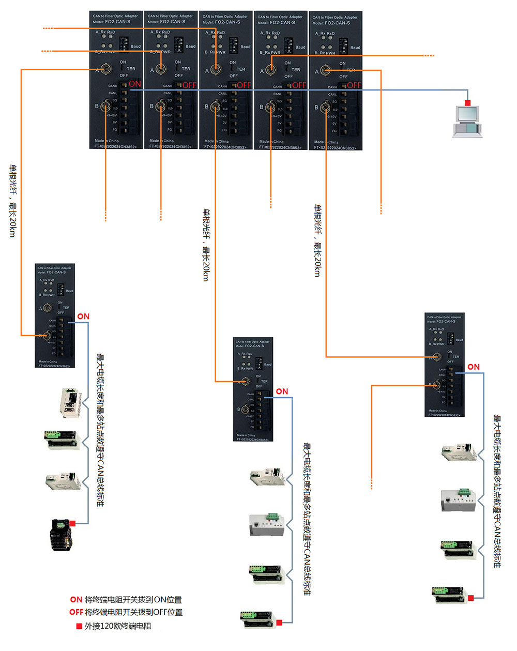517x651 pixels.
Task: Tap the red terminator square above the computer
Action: pyautogui.click(x=468, y=102)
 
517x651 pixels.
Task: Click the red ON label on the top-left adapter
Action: pyautogui.click(x=135, y=84)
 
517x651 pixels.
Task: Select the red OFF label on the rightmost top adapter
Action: pyautogui.click(x=354, y=85)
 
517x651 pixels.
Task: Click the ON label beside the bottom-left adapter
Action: pyautogui.click(x=83, y=316)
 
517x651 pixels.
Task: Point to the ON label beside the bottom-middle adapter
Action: pyautogui.click(x=282, y=391)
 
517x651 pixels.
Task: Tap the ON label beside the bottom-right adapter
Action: pyautogui.click(x=474, y=367)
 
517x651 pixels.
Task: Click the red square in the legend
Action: pyautogui.click(x=79, y=626)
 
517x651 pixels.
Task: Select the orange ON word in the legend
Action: pyautogui.click(x=76, y=600)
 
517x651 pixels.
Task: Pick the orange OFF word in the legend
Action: pyautogui.click(x=76, y=612)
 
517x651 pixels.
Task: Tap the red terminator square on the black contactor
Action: pyautogui.click(x=73, y=524)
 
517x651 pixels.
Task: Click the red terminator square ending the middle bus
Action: pyautogui.click(x=279, y=623)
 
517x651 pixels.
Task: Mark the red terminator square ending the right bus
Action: pyautogui.click(x=470, y=598)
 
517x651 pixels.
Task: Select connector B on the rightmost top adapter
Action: pyautogui.click(x=325, y=108)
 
